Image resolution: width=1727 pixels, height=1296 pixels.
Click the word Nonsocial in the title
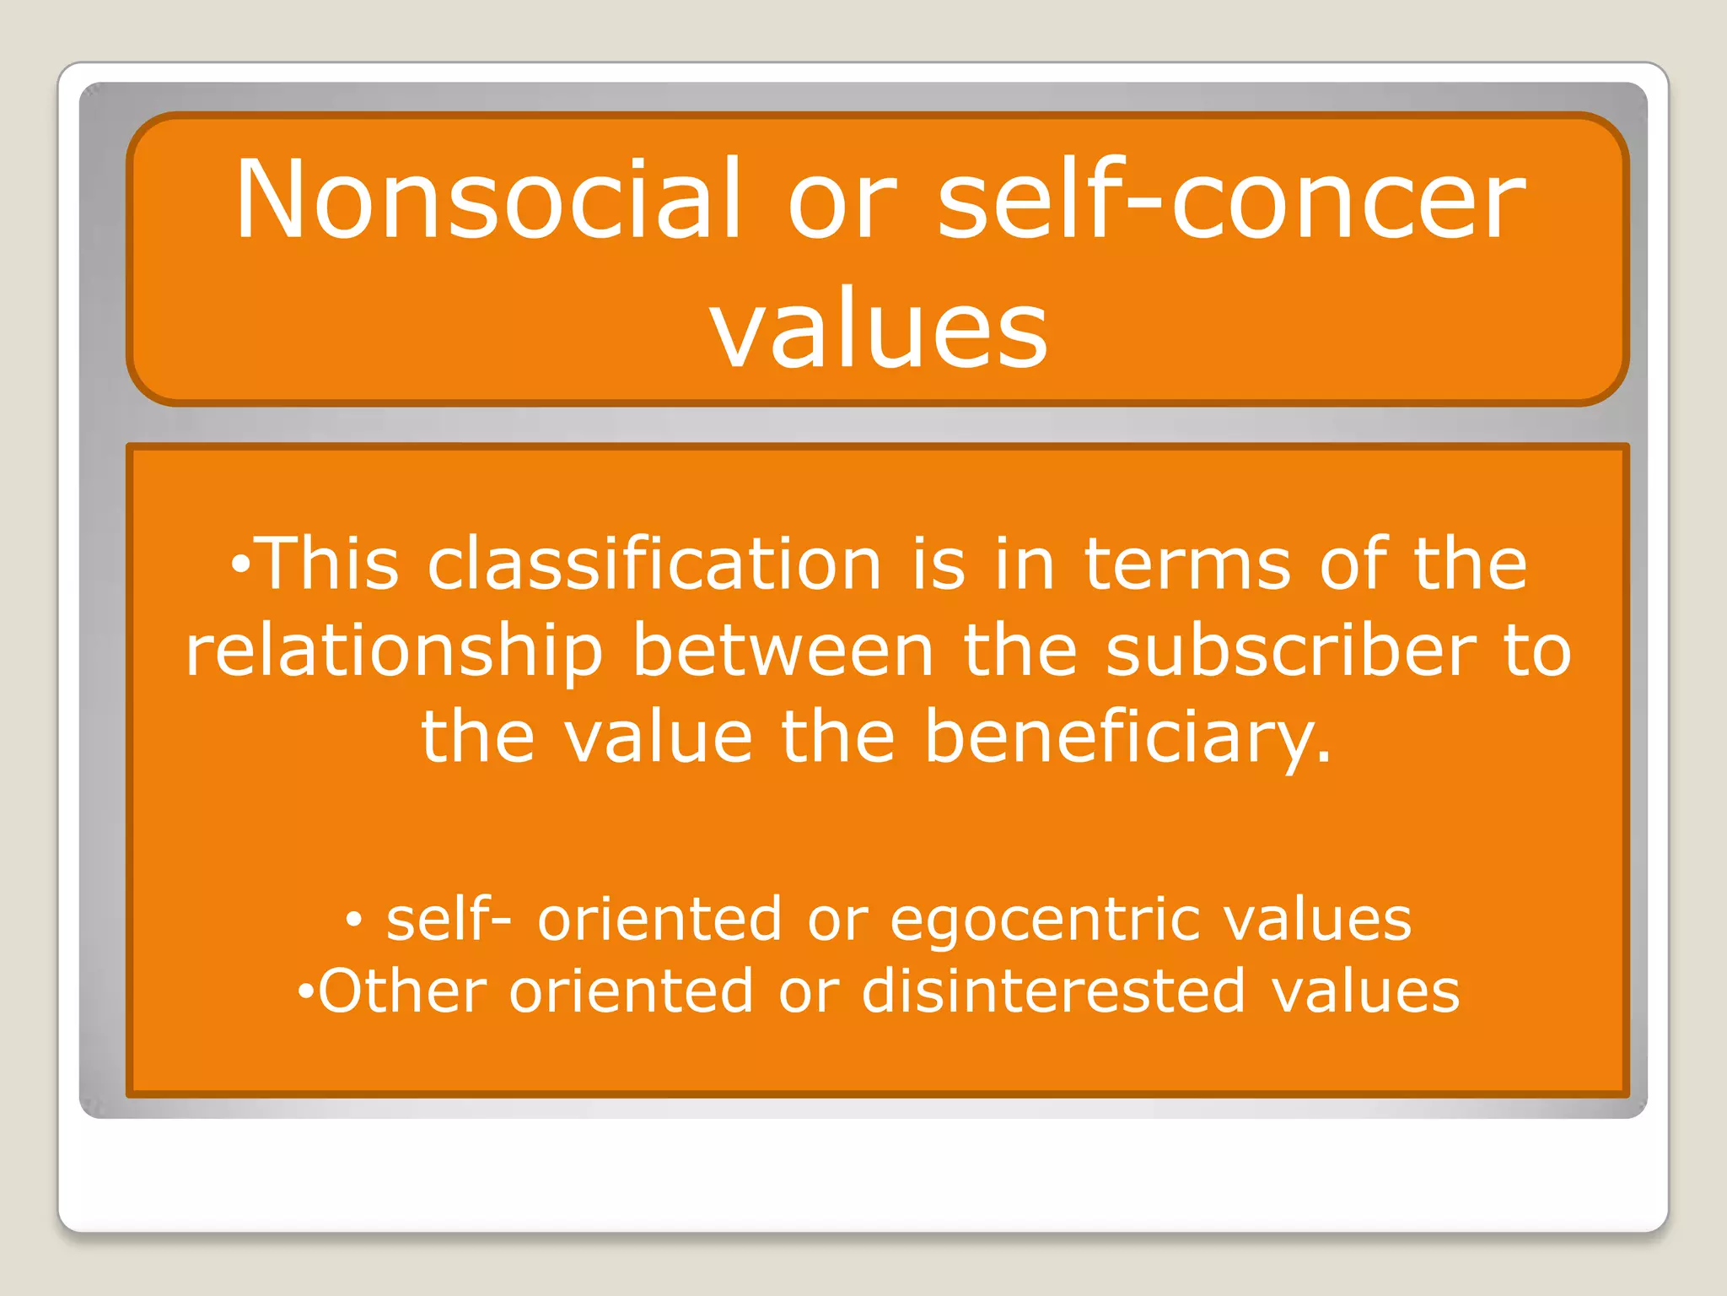(488, 200)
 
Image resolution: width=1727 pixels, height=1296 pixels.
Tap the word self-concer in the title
(1231, 200)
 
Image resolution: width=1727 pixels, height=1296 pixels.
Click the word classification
(654, 564)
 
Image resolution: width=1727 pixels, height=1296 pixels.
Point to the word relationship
(395, 651)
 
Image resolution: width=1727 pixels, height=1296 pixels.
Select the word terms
(1187, 564)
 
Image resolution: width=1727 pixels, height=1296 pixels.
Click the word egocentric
(1045, 920)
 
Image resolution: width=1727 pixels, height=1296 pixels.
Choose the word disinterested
(1053, 991)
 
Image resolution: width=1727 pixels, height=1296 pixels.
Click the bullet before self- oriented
(354, 920)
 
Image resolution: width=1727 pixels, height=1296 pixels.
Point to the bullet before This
(240, 564)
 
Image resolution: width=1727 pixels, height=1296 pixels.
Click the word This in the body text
(327, 564)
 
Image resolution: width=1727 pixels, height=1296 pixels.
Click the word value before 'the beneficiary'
(658, 737)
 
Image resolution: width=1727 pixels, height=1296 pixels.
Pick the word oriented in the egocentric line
(660, 920)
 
